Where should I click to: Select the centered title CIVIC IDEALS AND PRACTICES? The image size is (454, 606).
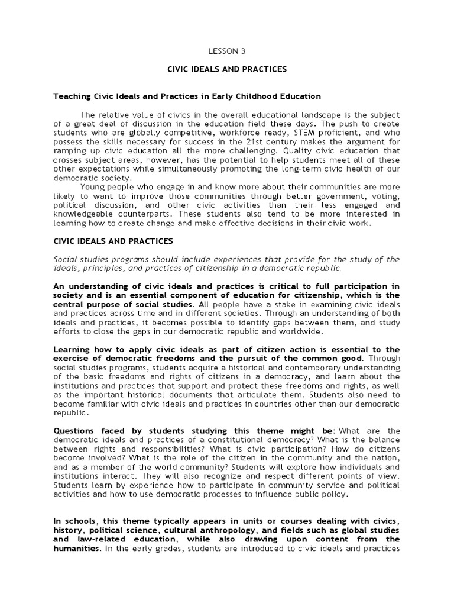click(227, 69)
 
